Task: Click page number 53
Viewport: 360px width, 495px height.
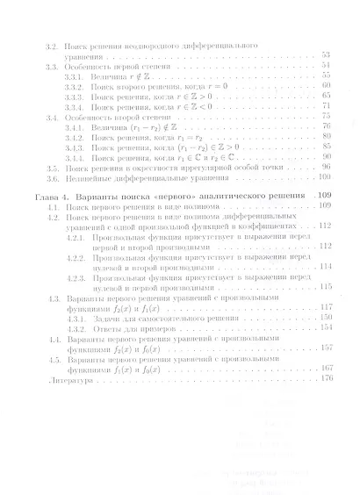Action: [326, 54]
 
